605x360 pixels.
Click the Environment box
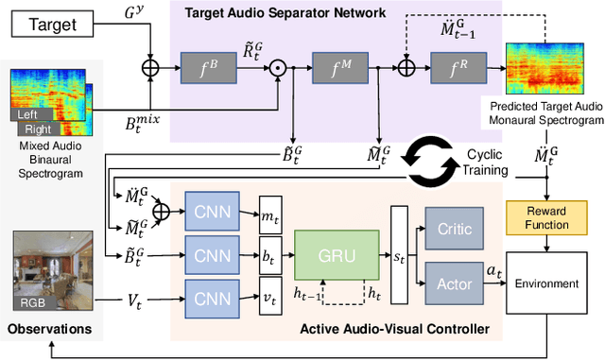click(x=546, y=283)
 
